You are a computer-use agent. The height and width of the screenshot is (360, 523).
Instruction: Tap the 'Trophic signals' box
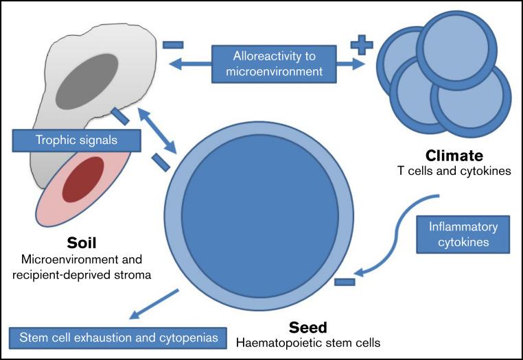76,141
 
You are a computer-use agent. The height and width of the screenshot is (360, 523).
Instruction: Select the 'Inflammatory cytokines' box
463,235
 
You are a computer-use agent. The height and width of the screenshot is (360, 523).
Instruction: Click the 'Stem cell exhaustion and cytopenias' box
118,337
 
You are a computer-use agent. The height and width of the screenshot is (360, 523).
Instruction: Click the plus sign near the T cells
362,46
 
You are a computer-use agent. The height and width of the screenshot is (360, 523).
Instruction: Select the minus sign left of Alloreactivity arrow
173,45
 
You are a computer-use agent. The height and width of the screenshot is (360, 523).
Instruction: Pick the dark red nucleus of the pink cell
83,179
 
